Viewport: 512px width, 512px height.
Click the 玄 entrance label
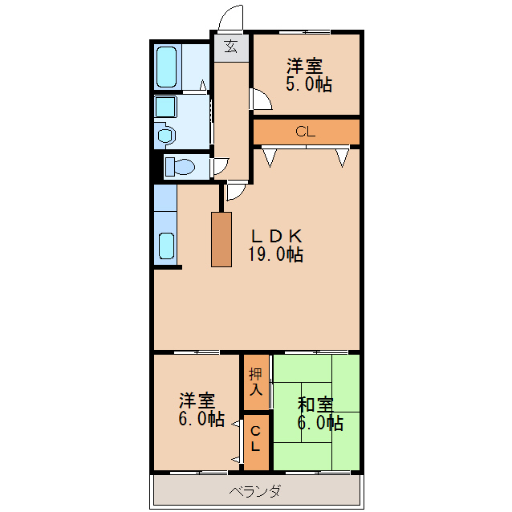[231, 46]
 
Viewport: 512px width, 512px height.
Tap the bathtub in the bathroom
[166, 67]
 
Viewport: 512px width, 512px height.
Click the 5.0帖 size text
[308, 84]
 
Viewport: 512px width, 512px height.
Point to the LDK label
[275, 237]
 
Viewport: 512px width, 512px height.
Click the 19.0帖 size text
[275, 255]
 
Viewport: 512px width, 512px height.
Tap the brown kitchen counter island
[221, 239]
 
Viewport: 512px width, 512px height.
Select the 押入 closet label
[256, 382]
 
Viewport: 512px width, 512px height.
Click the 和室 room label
[315, 404]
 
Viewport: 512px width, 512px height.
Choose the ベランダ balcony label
[255, 491]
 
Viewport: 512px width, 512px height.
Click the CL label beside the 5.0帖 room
[305, 132]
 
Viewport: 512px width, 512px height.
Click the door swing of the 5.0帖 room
[261, 99]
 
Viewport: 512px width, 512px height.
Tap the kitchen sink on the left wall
[166, 246]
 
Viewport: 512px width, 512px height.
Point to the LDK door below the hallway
[236, 191]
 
